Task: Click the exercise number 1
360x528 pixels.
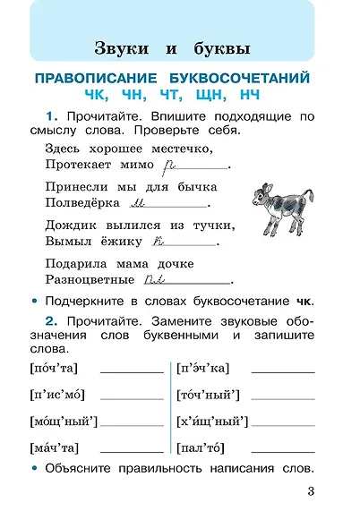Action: (x=50, y=116)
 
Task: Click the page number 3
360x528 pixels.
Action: (x=310, y=490)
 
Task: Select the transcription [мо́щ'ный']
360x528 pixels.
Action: (x=64, y=421)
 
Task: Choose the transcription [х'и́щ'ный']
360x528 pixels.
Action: (x=212, y=421)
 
